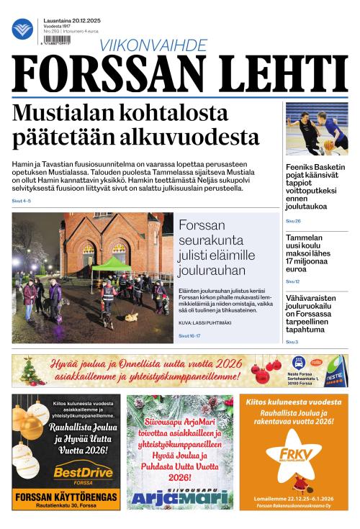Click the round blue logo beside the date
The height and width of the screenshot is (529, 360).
(x=22, y=30)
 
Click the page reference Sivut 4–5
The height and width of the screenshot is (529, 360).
(x=22, y=200)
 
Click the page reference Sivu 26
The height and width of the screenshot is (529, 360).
(x=293, y=221)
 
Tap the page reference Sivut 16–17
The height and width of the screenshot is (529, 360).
(x=191, y=335)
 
